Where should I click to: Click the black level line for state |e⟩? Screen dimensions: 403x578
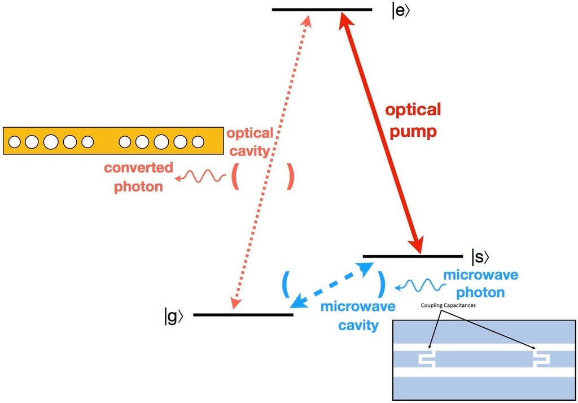click(x=322, y=10)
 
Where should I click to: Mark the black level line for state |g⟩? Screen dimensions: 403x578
click(x=243, y=314)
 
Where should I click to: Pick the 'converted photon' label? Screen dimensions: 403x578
click(x=138, y=177)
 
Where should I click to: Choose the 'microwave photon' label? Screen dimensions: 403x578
click(x=480, y=284)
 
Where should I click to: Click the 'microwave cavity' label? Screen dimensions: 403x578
click(x=357, y=316)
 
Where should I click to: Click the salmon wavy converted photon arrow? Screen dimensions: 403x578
click(x=195, y=177)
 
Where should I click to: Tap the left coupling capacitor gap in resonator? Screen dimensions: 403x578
click(x=426, y=359)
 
